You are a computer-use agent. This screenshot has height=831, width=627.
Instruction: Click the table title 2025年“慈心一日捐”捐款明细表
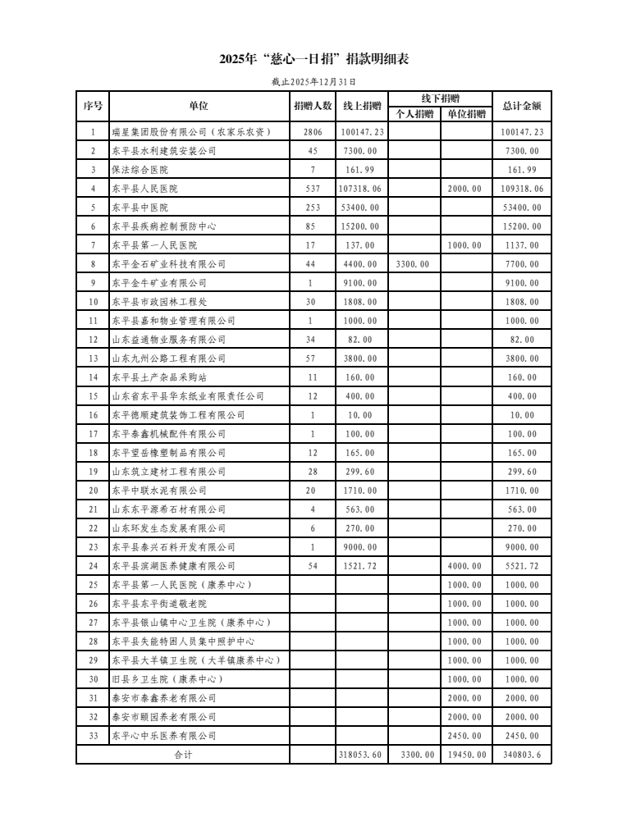tap(313, 59)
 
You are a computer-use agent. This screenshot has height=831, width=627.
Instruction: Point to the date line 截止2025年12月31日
tap(313, 82)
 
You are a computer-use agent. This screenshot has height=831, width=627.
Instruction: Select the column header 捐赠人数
tap(313, 106)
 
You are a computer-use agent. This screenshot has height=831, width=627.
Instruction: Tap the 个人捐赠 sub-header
tap(414, 114)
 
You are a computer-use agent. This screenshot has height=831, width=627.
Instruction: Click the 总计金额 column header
tap(522, 106)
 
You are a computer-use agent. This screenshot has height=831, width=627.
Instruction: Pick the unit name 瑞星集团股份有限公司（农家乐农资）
tap(191, 132)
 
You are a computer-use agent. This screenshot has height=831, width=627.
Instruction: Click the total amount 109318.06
tap(522, 189)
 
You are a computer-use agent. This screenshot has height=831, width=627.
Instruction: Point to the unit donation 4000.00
tap(466, 566)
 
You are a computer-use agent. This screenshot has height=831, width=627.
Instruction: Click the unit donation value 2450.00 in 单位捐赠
tap(466, 736)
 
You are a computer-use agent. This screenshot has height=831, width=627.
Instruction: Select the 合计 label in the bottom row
tap(182, 755)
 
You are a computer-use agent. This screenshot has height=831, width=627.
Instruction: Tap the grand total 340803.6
tap(522, 755)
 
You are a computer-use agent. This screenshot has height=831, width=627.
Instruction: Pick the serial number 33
tap(93, 736)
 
